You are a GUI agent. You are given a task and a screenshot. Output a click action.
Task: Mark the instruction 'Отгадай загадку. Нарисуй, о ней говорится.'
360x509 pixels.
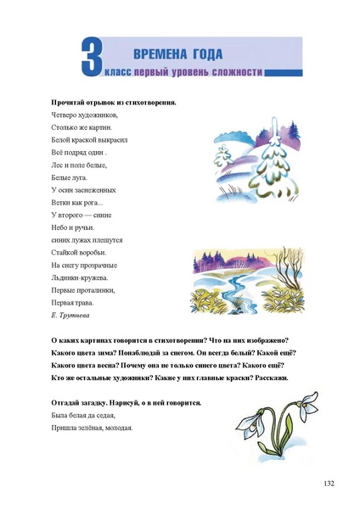126,403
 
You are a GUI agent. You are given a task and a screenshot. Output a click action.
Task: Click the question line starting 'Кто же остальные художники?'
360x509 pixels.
169,377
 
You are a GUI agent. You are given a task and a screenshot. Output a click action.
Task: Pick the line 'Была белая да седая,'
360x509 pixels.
83,416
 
